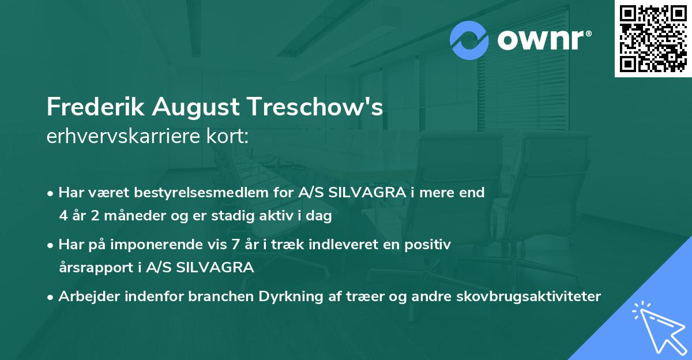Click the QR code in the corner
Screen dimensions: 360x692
(653, 39)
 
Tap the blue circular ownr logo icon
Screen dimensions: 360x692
(469, 40)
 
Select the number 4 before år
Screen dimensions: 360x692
(62, 216)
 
